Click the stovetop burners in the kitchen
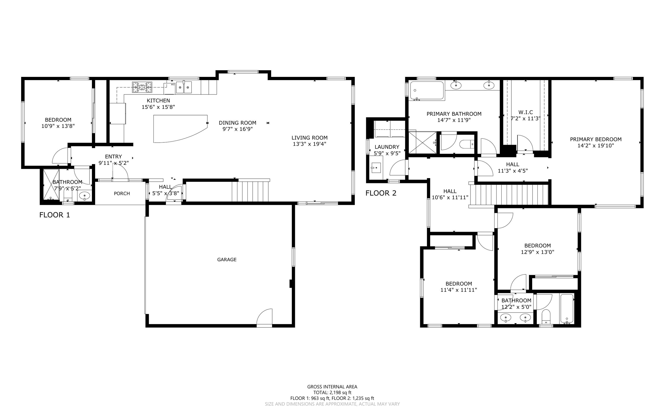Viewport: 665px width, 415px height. coord(142,87)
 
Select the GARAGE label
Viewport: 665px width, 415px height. coord(227,260)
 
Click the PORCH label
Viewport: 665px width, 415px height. coord(122,193)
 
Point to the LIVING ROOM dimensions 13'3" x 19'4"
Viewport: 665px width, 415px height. coord(309,144)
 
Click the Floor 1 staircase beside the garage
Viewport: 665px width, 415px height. coord(250,191)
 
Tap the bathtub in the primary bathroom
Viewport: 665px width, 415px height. coord(427,91)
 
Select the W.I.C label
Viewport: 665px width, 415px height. coord(525,112)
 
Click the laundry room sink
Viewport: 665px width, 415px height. coord(376,168)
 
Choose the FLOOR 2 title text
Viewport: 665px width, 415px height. coord(381,193)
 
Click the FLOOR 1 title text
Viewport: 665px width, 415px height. coord(55,215)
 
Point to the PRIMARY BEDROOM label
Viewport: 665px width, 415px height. coord(596,139)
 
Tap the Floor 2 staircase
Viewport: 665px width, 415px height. coord(509,195)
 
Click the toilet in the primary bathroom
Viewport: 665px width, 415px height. coord(467,144)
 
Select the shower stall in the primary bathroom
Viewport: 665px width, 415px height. coord(422,142)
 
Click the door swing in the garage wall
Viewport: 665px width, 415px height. coord(265,317)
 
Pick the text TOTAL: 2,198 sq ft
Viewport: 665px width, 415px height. coord(332,392)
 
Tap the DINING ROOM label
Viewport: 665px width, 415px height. coord(237,123)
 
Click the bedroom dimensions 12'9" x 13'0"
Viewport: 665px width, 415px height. coord(537,252)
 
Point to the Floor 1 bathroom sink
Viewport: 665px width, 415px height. coord(85,196)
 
